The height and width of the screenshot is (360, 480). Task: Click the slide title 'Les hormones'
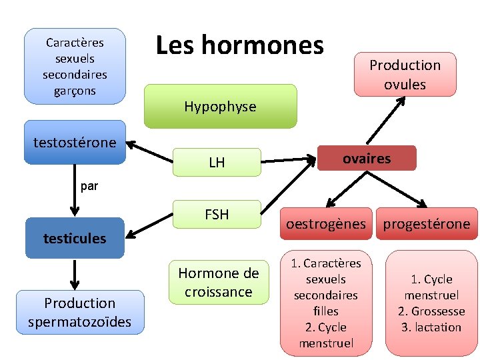pyautogui.click(x=239, y=45)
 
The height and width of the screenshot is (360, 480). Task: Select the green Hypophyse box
pyautogui.click(x=220, y=106)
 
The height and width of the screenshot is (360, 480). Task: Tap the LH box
pyautogui.click(x=217, y=162)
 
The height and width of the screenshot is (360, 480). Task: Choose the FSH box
pyautogui.click(x=217, y=215)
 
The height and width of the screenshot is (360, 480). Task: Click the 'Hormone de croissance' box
pyautogui.click(x=219, y=282)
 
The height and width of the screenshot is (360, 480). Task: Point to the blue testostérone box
pyautogui.click(x=75, y=142)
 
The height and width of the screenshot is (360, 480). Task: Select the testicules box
pyautogui.click(x=75, y=238)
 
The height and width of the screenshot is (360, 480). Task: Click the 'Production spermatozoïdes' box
pyautogui.click(x=80, y=312)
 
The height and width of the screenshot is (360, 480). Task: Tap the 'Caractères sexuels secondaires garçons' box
pyautogui.click(x=75, y=66)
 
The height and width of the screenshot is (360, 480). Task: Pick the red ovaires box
pyautogui.click(x=367, y=159)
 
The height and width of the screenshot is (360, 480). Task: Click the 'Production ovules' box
pyautogui.click(x=405, y=75)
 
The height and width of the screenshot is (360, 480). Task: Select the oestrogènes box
pyautogui.click(x=326, y=224)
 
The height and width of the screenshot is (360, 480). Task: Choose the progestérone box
pyautogui.click(x=426, y=224)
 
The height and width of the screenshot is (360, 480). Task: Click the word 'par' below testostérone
pyautogui.click(x=89, y=187)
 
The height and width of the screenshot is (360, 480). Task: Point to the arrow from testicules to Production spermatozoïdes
pyautogui.click(x=75, y=274)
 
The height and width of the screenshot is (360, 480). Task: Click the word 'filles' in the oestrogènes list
pyautogui.click(x=326, y=311)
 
